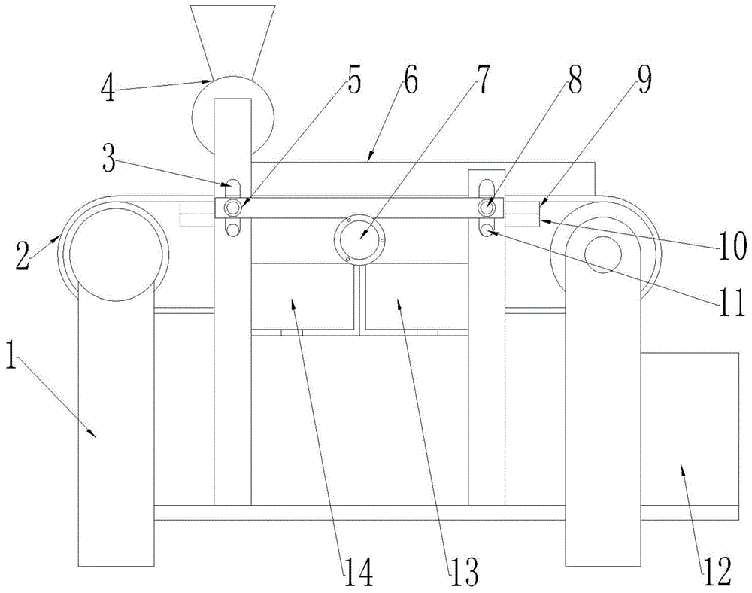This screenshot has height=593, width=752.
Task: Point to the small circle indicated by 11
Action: (487, 229)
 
